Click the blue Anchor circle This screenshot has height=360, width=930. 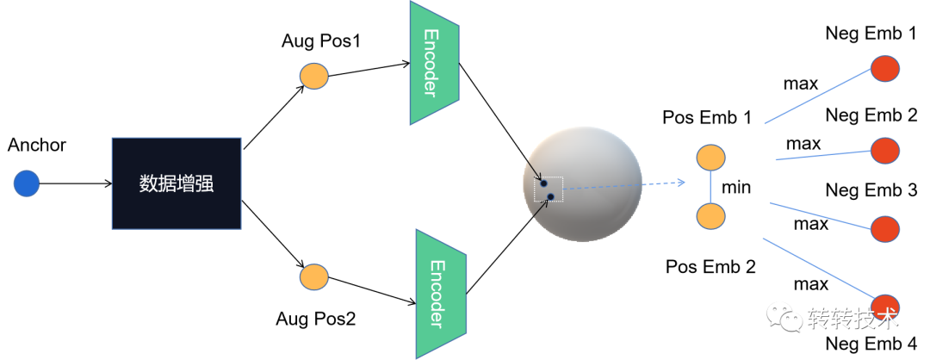click(27, 183)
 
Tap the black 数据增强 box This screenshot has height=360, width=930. click(176, 183)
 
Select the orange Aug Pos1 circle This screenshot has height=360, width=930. click(314, 75)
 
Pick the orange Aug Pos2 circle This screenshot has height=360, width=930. click(314, 276)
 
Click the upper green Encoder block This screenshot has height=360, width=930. click(434, 62)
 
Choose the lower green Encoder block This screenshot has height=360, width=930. click(440, 293)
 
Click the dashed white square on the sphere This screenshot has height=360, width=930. click(549, 190)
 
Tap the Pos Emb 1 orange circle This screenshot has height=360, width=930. click(710, 158)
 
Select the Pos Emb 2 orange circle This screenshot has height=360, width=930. click(710, 215)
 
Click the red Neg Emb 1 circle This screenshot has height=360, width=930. click(884, 69)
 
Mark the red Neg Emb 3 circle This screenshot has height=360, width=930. click(884, 228)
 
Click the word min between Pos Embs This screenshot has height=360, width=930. click(737, 186)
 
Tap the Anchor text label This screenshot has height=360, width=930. click(37, 146)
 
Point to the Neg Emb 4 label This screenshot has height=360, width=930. click(871, 344)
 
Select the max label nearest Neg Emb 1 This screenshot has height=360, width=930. click(800, 84)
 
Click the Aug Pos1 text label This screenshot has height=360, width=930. click(320, 41)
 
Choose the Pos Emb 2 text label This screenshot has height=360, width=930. click(710, 266)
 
